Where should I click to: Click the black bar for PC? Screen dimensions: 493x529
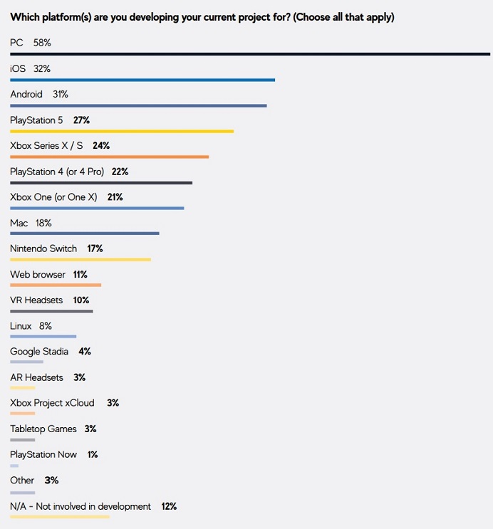click(250, 54)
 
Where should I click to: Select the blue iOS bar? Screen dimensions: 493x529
click(142, 80)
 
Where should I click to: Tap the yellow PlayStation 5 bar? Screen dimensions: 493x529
click(122, 131)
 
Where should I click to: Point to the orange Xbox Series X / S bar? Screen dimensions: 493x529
click(110, 157)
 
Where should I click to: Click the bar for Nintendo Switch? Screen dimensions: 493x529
click(81, 259)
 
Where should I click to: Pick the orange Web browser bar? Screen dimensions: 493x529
click(56, 285)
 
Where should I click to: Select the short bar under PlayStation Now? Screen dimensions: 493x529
click(14, 466)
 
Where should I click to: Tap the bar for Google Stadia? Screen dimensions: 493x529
click(26, 362)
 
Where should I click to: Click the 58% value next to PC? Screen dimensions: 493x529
click(42, 43)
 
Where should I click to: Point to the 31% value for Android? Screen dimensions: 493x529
click(61, 94)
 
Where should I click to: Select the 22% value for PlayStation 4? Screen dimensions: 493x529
click(120, 172)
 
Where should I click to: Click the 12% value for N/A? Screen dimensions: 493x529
click(169, 506)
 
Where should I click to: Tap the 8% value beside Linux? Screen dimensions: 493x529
click(46, 326)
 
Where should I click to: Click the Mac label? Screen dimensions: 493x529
click(19, 223)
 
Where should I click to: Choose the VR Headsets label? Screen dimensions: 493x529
click(36, 300)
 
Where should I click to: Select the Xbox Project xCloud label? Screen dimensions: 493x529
click(52, 403)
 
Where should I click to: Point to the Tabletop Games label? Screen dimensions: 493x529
click(43, 429)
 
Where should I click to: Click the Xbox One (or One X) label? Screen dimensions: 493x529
click(53, 197)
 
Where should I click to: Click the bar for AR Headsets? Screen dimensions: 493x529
click(23, 387)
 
